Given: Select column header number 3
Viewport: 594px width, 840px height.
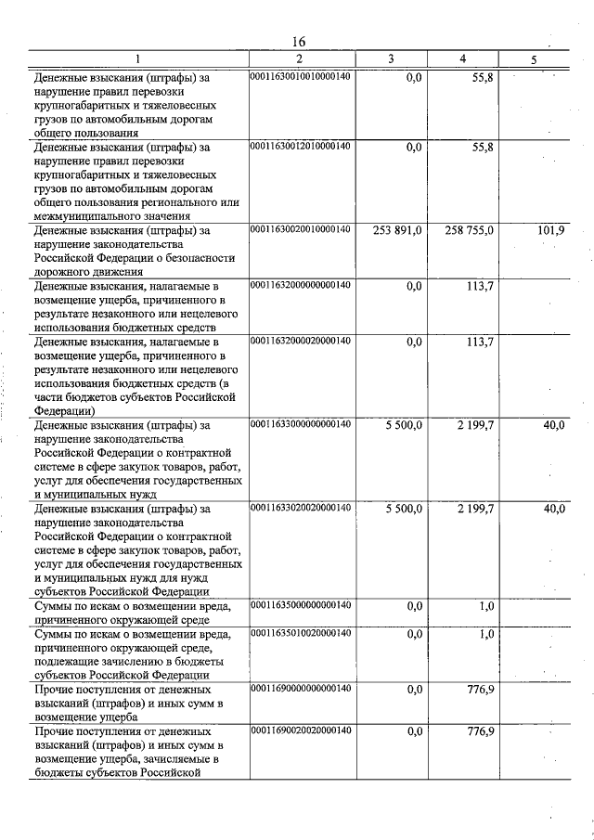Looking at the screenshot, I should (391, 59).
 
